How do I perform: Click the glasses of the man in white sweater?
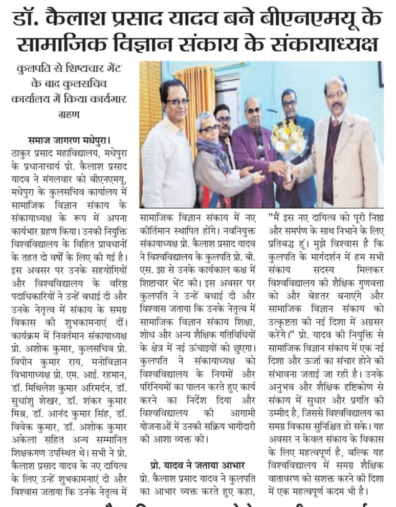pyautogui.click(x=176, y=101)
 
